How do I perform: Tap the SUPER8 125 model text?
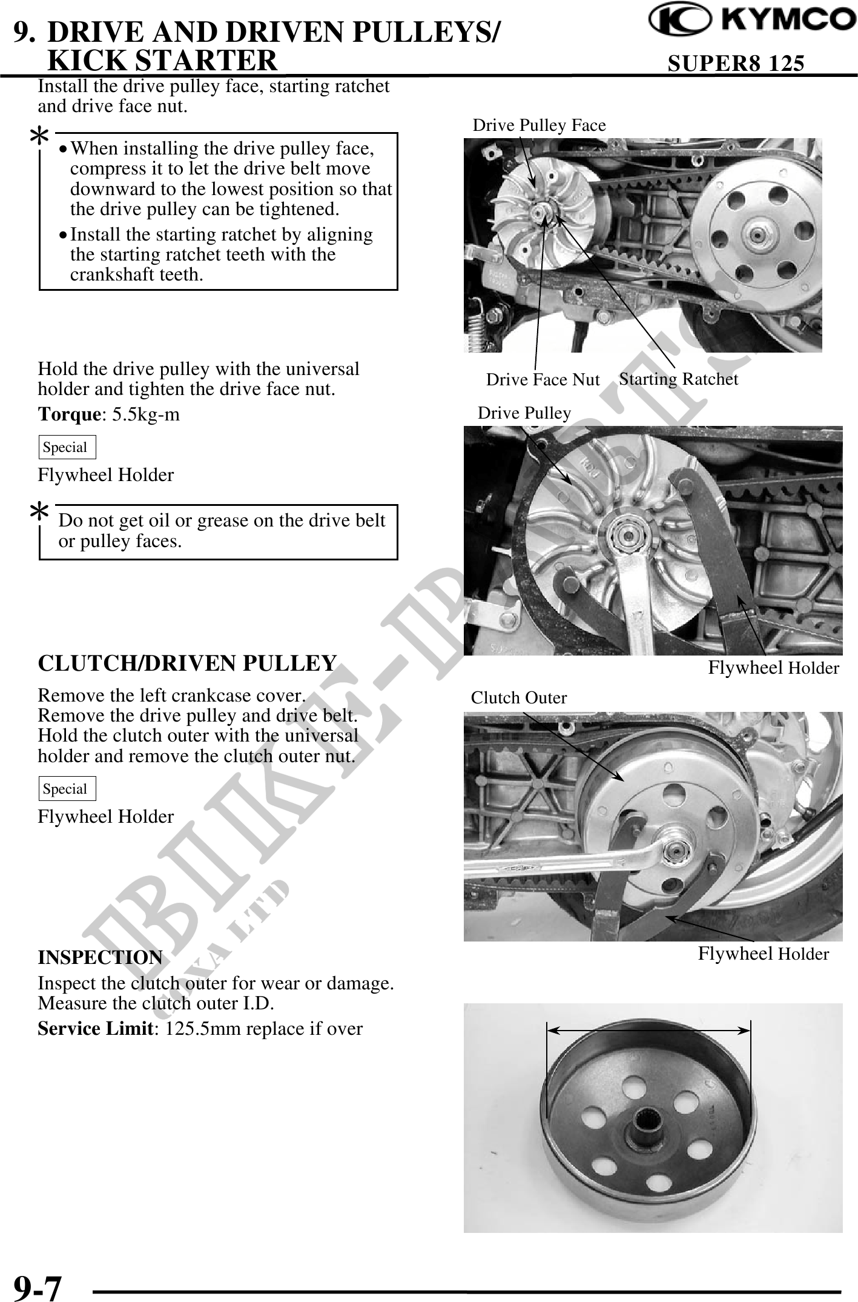(736, 62)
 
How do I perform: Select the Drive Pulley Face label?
(539, 125)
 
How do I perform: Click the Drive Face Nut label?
(543, 380)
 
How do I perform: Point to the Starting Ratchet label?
(678, 379)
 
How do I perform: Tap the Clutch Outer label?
(519, 698)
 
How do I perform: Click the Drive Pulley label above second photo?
(524, 413)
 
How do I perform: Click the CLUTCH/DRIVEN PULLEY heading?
(187, 663)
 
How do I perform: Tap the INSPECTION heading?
(100, 958)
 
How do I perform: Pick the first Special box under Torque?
(67, 448)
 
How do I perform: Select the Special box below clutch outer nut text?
(67, 789)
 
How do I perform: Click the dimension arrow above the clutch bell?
(648, 1029)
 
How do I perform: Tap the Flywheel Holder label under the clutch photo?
(763, 954)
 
